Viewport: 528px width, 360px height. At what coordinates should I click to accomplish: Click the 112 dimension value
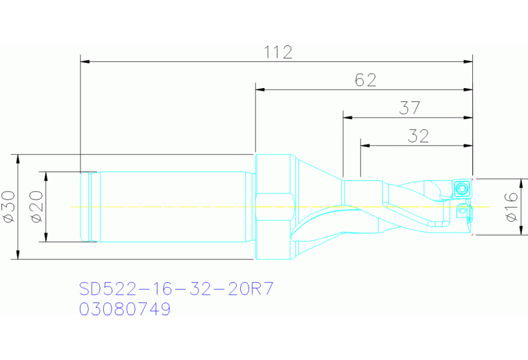click(x=278, y=52)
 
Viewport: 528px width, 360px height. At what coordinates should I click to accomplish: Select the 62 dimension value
click(x=366, y=81)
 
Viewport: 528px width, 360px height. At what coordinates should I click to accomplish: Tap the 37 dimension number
click(x=409, y=108)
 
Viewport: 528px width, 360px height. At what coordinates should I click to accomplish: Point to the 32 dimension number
click(x=418, y=136)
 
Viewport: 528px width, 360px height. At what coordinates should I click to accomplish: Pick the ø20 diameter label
click(x=37, y=207)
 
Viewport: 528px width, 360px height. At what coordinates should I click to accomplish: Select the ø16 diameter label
click(x=510, y=207)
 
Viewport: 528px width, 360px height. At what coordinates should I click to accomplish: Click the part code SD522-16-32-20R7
click(x=176, y=288)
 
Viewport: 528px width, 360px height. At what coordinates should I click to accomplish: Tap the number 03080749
click(x=125, y=310)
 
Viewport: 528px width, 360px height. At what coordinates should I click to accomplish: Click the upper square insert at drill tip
click(x=461, y=187)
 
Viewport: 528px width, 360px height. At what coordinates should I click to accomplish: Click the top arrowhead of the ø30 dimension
click(x=19, y=158)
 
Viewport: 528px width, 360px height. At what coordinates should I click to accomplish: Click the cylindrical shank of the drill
click(x=172, y=207)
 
